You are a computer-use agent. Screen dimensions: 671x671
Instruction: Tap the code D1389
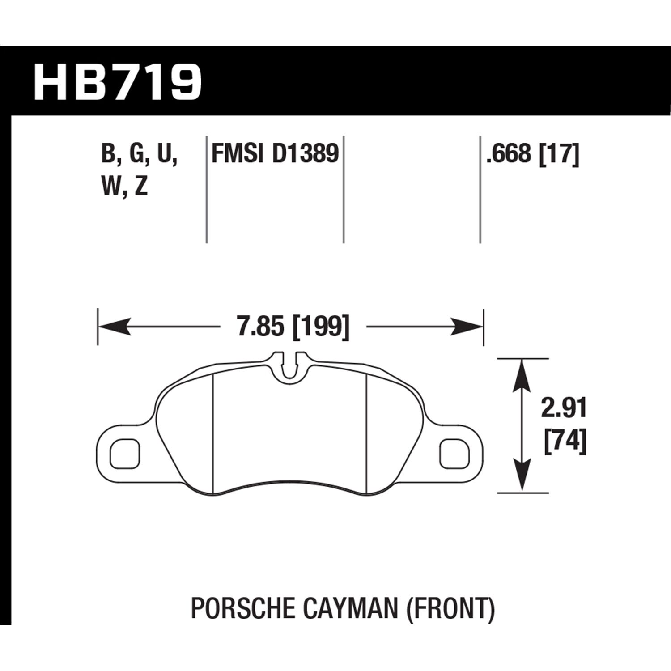(x=304, y=154)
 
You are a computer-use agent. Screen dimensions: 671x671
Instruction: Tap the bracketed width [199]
(x=320, y=327)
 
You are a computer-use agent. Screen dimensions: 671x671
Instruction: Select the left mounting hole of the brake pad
(x=126, y=454)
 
